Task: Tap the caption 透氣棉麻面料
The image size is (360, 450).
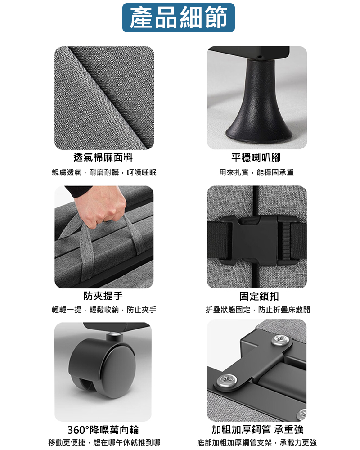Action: [x=103, y=157]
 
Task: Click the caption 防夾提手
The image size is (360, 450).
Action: [x=103, y=296]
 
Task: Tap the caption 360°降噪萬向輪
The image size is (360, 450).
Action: [x=103, y=429]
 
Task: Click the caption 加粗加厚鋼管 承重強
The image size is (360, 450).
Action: [x=257, y=429]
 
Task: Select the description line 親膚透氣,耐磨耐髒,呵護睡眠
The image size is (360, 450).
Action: [x=104, y=172]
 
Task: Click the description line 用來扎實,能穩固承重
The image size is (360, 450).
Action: [x=256, y=172]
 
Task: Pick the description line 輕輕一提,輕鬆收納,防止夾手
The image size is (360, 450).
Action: [x=104, y=310]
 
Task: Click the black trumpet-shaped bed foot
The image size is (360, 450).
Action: [x=257, y=103]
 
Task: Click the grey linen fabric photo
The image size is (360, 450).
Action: [x=104, y=98]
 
